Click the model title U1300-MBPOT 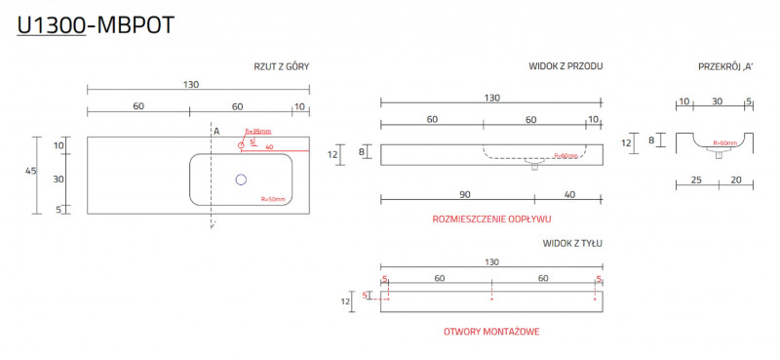pyautogui.click(x=96, y=26)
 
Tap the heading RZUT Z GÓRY pyautogui.click(x=282, y=66)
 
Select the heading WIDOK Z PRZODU pyautogui.click(x=565, y=66)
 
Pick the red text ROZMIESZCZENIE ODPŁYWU pyautogui.click(x=491, y=219)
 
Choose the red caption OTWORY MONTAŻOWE pyautogui.click(x=491, y=332)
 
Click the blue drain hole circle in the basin pyautogui.click(x=241, y=180)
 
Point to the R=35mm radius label pyautogui.click(x=257, y=132)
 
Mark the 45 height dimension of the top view pyautogui.click(x=31, y=171)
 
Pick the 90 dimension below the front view pyautogui.click(x=465, y=194)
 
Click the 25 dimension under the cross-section pyautogui.click(x=697, y=180)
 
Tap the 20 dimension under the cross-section pyautogui.click(x=736, y=180)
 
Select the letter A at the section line pyautogui.click(x=216, y=130)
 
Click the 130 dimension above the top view pyautogui.click(x=192, y=84)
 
